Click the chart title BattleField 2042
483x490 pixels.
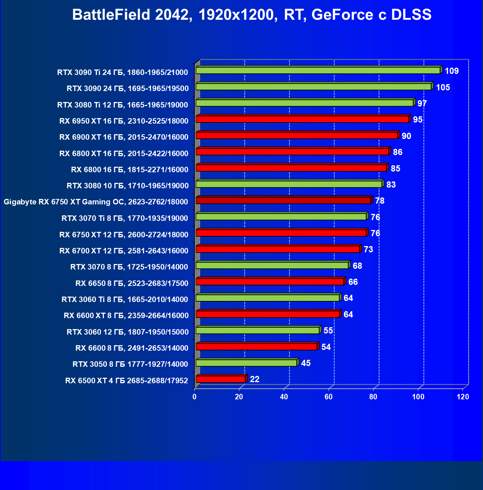[252, 15]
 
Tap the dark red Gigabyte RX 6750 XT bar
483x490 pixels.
[283, 200]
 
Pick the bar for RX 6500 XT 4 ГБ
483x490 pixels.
[221, 379]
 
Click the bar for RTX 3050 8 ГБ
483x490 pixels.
[246, 363]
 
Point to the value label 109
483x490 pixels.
[452, 71]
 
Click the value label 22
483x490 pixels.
[254, 379]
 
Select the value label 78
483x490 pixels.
[379, 201]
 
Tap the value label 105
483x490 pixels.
[443, 87]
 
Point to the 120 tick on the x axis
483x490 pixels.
[463, 397]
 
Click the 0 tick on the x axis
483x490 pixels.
[194, 397]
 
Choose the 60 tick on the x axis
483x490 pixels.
[329, 397]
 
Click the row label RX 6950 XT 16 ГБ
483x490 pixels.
[124, 121]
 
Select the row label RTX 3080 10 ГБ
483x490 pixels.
[127, 186]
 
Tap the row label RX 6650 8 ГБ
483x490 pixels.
[132, 283]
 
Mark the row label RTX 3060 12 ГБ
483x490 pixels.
[127, 332]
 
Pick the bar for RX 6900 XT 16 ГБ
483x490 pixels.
[297, 135]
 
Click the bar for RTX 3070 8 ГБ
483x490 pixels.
[272, 265]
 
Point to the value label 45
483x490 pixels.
[306, 363]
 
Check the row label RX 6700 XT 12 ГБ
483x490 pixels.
[124, 251]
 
